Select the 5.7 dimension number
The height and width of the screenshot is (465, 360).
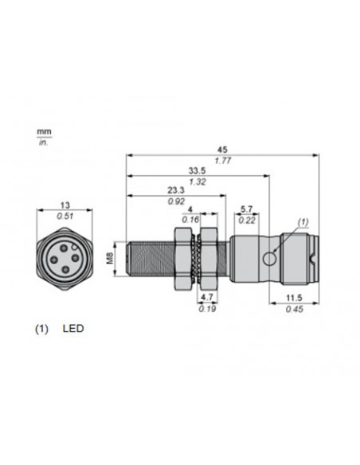pyautogui.click(x=248, y=210)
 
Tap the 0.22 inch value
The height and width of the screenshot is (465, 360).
pyautogui.click(x=248, y=221)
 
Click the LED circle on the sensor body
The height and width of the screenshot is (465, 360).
pyautogui.click(x=272, y=257)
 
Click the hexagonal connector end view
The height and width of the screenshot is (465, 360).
pyautogui.click(x=65, y=258)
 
